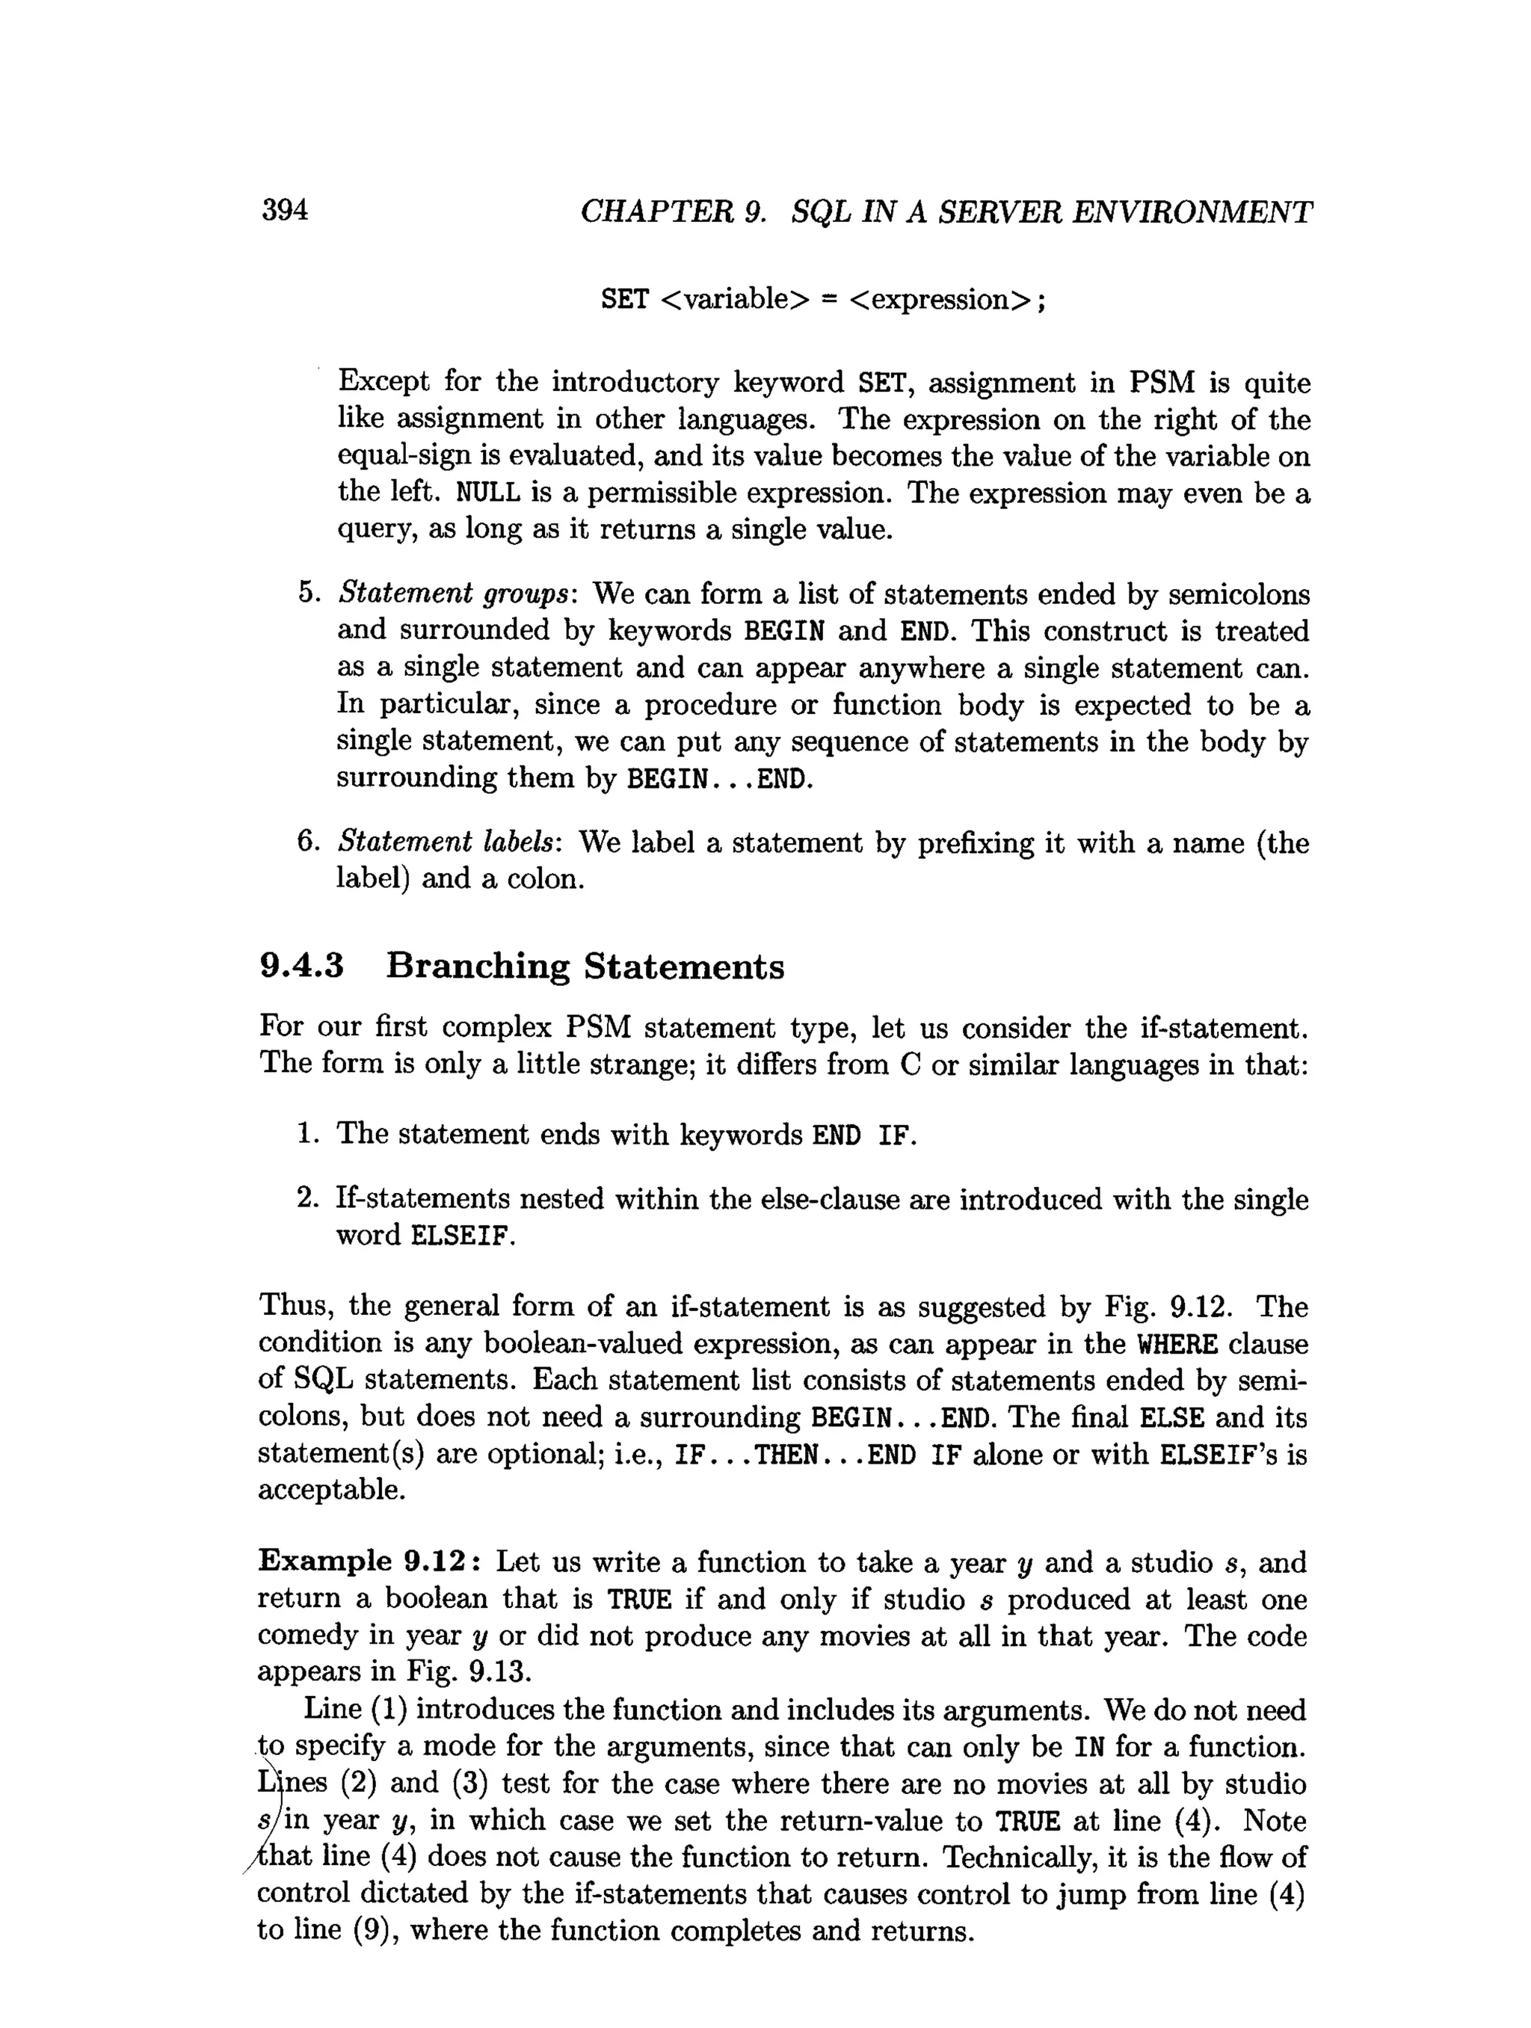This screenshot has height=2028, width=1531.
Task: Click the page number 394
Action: click(285, 211)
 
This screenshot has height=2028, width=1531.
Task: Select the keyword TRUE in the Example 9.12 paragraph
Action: click(640, 1600)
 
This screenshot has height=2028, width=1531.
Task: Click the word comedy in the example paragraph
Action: click(306, 1636)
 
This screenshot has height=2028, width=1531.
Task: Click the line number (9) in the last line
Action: click(372, 1931)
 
